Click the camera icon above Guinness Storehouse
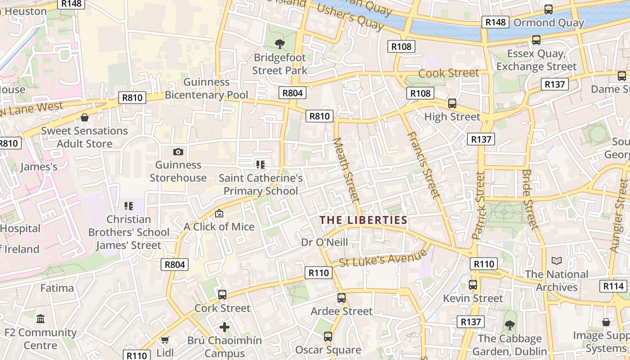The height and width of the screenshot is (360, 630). pyautogui.click(x=178, y=152)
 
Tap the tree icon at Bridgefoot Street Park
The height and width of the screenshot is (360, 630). pyautogui.click(x=280, y=44)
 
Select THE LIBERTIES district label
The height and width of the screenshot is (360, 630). pyautogui.click(x=363, y=220)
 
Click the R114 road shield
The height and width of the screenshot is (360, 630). pyautogui.click(x=613, y=286)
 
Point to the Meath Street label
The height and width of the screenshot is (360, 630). pyautogui.click(x=347, y=170)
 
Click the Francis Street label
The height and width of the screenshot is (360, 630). pyautogui.click(x=423, y=165)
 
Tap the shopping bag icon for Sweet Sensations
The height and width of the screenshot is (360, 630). pyautogui.click(x=84, y=117)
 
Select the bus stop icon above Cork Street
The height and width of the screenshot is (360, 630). pyautogui.click(x=222, y=295)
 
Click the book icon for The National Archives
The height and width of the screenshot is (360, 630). pyautogui.click(x=557, y=261)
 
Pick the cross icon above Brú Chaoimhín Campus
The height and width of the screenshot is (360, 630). pyautogui.click(x=225, y=327)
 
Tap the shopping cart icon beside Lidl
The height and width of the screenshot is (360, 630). pyautogui.click(x=165, y=340)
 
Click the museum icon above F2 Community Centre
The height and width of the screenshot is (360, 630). pyautogui.click(x=40, y=319)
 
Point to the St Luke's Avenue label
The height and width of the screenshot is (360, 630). pyautogui.click(x=383, y=258)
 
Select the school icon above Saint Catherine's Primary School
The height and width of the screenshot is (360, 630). pyautogui.click(x=260, y=165)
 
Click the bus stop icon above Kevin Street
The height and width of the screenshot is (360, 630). pyautogui.click(x=472, y=284)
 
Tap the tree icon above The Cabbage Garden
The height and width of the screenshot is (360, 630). pyautogui.click(x=509, y=325)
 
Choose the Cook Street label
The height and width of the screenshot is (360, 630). pyautogui.click(x=449, y=73)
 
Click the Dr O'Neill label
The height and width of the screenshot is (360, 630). pyautogui.click(x=324, y=242)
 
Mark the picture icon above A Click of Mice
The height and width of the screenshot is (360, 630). pyautogui.click(x=219, y=213)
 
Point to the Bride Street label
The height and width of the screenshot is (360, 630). pyautogui.click(x=530, y=199)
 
